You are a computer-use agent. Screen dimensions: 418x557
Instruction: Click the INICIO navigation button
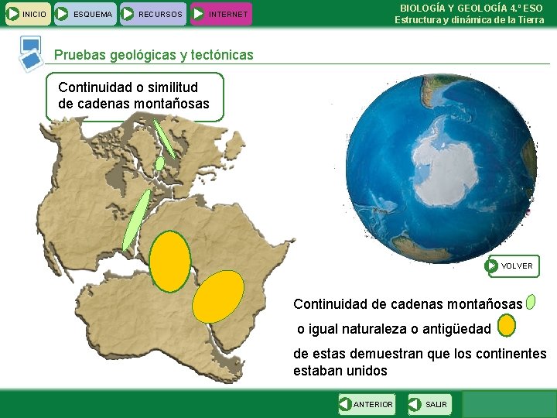[x=27, y=13]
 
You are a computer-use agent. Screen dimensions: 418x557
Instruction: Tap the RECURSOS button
[x=152, y=13]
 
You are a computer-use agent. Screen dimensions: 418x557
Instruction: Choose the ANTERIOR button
[x=367, y=404]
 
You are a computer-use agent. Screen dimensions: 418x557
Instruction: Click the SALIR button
[x=428, y=404]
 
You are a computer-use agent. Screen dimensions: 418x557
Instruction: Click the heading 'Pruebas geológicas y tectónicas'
[x=153, y=55]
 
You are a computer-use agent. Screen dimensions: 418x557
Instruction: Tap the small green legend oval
[x=531, y=301]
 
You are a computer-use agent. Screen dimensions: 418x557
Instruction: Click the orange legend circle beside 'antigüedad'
[x=507, y=326]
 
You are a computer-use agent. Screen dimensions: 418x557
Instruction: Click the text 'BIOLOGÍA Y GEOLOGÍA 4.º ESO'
[x=471, y=8]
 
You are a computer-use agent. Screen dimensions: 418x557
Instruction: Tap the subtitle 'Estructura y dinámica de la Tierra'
[x=470, y=20]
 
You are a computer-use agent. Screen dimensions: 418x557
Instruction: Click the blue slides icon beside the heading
[x=31, y=51]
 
